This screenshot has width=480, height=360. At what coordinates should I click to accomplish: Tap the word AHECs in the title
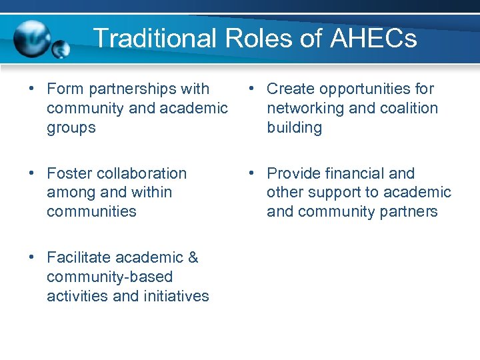[x=373, y=38]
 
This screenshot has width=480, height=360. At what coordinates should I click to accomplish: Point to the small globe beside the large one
[x=61, y=49]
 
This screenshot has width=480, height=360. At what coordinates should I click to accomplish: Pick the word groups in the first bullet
[x=71, y=127]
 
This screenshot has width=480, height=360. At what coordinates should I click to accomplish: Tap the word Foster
[x=71, y=173]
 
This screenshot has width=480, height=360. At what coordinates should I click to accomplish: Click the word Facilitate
[x=79, y=257]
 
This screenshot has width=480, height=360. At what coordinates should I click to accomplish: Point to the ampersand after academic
[x=193, y=257]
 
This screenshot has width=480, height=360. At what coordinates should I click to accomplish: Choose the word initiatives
[x=175, y=296]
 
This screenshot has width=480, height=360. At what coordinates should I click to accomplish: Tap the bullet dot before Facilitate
[x=32, y=257]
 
